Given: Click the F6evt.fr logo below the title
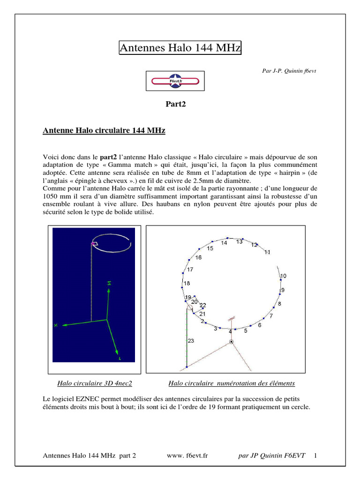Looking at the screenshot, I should tap(175, 81).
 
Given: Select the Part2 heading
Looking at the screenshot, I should tap(176, 104).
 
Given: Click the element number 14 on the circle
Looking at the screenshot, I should tap(224, 243).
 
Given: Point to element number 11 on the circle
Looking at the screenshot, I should tap(267, 252).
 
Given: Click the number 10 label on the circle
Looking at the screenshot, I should tap(283, 276).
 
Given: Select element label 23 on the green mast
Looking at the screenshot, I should tap(190, 341).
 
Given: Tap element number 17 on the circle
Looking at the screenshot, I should tap(190, 270).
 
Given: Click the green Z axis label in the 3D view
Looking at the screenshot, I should tap(109, 283).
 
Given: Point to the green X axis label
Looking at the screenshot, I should tap(56, 325).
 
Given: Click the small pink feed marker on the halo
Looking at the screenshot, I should tap(94, 244).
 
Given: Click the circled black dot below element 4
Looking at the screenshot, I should tap(231, 342).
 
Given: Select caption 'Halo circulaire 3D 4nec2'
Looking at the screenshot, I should tap(95, 383).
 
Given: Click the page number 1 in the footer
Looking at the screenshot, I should tap(315, 455).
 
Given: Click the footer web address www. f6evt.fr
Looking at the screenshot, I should tap(187, 455).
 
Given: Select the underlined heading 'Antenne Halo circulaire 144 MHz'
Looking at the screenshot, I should tap(104, 131).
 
